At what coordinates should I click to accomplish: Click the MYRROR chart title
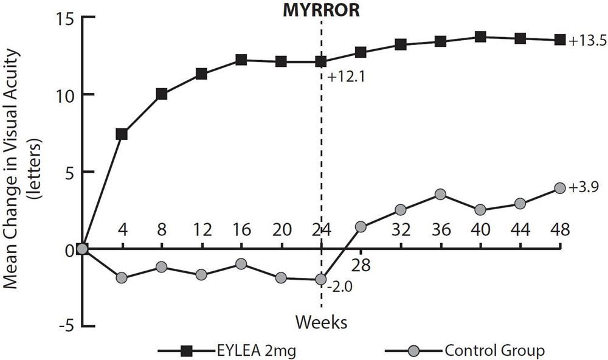tap(320, 10)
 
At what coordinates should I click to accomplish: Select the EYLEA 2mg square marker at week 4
tap(122, 134)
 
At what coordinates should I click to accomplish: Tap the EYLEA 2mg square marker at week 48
tap(559, 40)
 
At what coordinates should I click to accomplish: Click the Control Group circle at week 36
tap(440, 195)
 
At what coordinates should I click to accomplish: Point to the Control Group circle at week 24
tap(321, 280)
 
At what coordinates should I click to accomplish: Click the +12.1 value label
tap(343, 77)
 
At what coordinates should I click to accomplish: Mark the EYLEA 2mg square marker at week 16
tap(241, 60)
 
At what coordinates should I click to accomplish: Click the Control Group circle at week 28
tap(361, 227)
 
